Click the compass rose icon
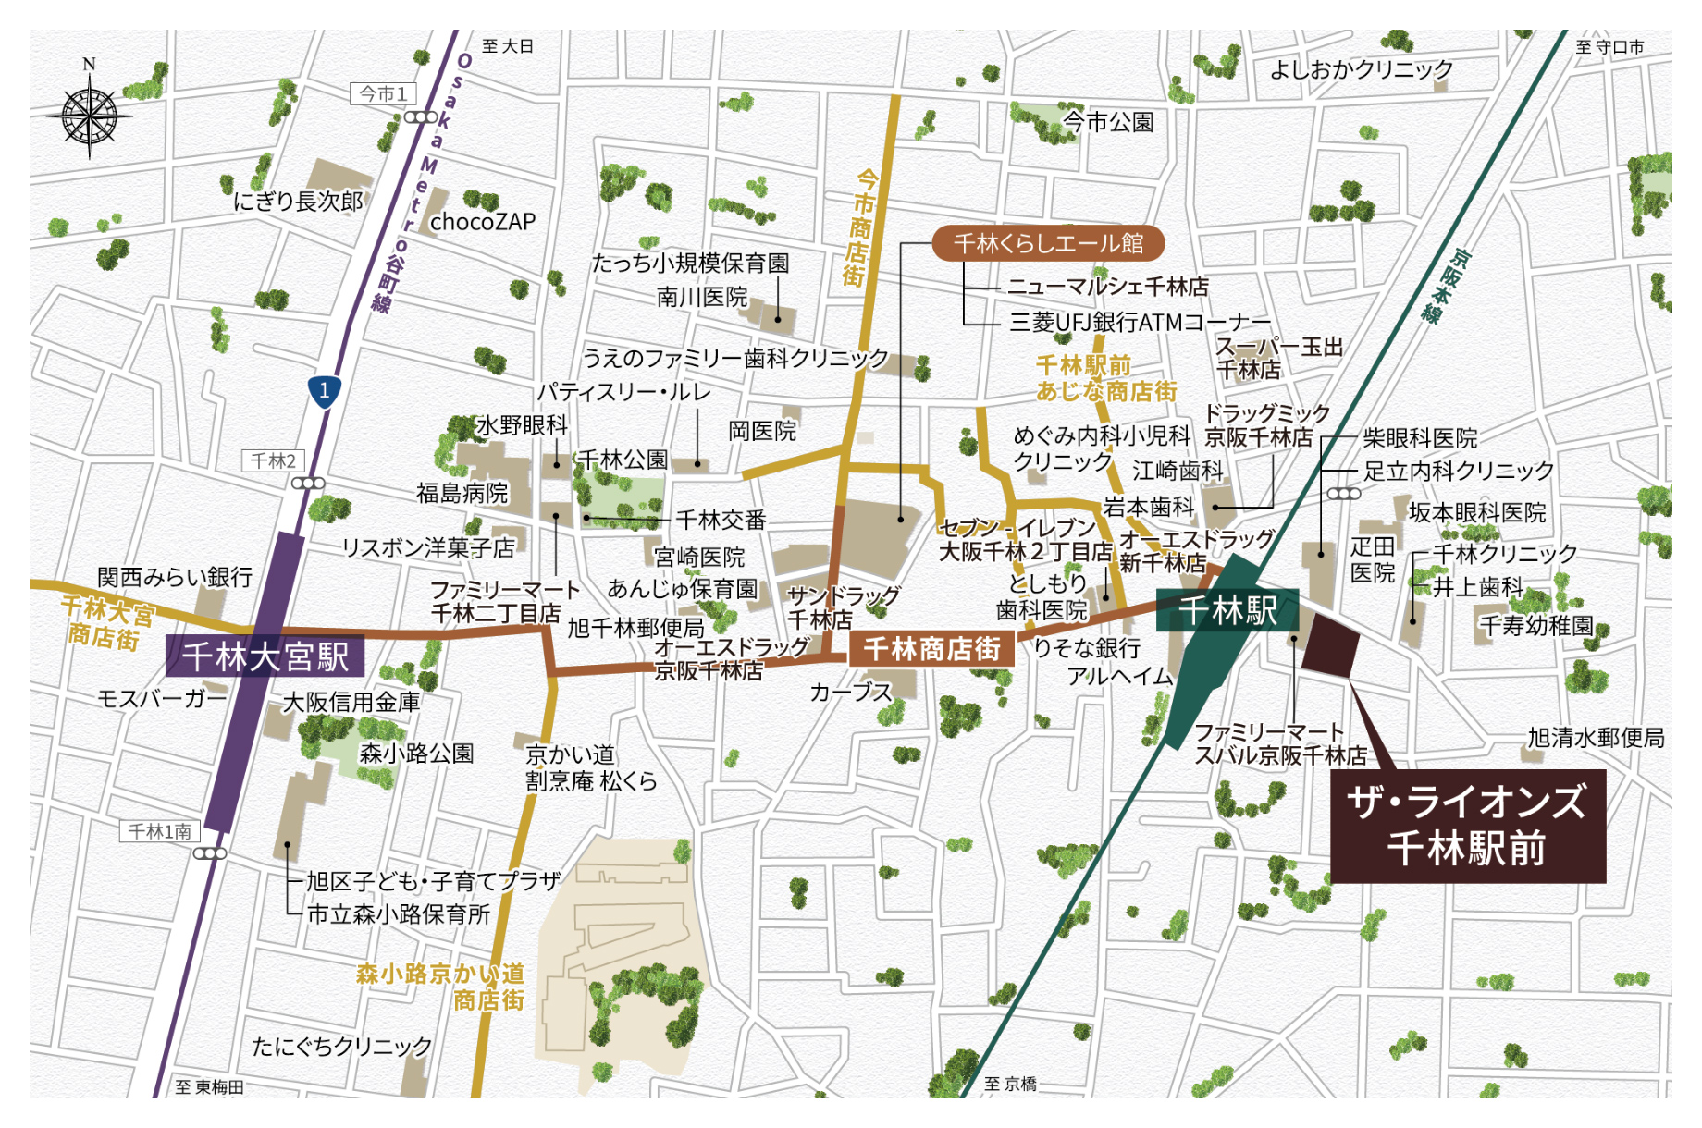[90, 115]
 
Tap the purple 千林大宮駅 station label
[265, 656]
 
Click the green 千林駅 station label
[1227, 611]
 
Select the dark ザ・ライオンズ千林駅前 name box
[1467, 826]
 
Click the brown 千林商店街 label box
[931, 649]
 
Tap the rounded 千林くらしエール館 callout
[1047, 243]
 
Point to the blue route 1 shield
[324, 391]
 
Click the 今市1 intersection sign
[383, 93]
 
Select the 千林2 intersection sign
[274, 460]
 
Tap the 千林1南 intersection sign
[160, 831]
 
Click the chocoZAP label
[483, 222]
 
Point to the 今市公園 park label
[1107, 121]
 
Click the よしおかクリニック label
[1361, 69]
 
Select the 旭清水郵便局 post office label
[1596, 738]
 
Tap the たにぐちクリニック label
[342, 1046]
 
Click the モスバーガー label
[163, 698]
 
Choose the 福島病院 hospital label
[462, 494]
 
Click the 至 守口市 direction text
[1609, 46]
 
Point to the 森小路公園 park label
[416, 754]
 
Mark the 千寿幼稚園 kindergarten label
[1536, 626]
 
